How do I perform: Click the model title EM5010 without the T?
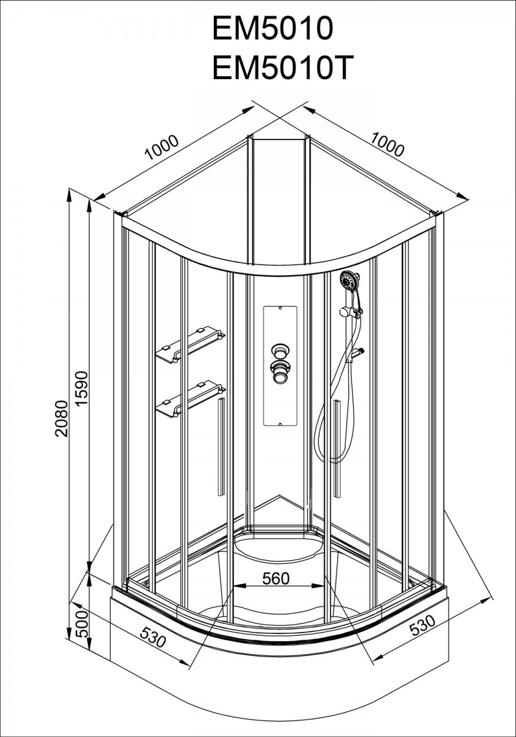click(x=273, y=28)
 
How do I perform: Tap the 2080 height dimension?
click(x=61, y=418)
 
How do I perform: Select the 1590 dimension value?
click(x=81, y=388)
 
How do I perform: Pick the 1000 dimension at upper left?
click(x=162, y=147)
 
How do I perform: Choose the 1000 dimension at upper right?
click(x=388, y=144)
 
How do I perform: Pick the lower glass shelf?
click(x=190, y=399)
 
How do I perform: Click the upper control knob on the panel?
click(x=279, y=351)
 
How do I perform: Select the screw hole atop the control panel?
click(x=279, y=308)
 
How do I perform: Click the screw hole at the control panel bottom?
click(x=279, y=424)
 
